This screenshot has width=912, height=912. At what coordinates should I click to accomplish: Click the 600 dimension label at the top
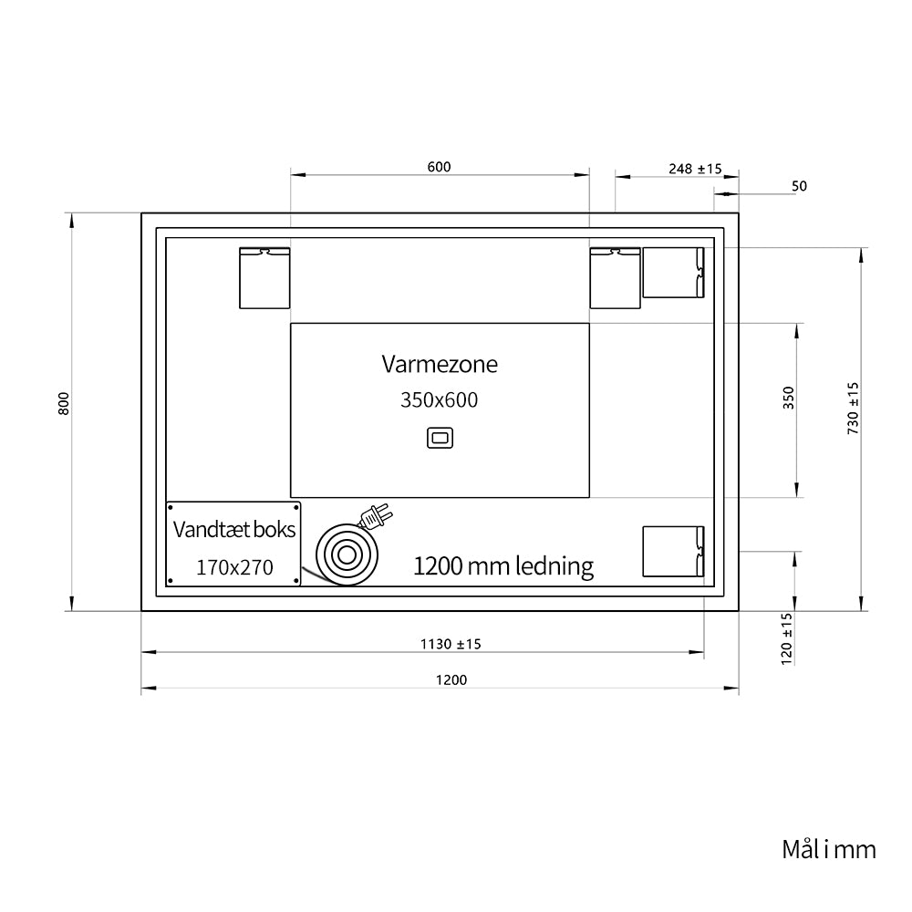440,167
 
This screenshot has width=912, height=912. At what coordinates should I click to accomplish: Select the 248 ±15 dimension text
695,169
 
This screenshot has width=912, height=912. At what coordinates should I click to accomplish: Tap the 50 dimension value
799,186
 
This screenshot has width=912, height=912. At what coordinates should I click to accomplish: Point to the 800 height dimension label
64,404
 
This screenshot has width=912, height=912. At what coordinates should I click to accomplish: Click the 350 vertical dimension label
788,398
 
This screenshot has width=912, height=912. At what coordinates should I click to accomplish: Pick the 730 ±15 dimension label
853,409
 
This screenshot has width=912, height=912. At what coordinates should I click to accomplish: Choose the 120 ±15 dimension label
786,638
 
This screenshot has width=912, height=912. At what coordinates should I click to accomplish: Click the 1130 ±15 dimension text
451,644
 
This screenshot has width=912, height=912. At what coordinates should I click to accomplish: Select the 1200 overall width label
451,680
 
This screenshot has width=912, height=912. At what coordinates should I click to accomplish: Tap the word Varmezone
440,364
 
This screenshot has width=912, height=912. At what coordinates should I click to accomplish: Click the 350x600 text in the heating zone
440,400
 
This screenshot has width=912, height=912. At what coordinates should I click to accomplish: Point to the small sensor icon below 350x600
440,438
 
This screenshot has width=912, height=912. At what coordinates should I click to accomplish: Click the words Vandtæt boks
234,529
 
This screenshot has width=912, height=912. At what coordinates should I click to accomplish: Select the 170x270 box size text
234,567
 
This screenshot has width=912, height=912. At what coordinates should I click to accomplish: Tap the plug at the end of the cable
375,516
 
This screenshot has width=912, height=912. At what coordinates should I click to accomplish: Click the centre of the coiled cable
347,555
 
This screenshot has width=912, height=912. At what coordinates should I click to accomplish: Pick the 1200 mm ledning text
503,566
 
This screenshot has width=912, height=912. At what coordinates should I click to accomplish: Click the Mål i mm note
829,849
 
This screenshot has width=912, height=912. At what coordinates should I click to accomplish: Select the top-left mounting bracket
264,278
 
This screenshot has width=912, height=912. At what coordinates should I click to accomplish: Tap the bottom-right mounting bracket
674,552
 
